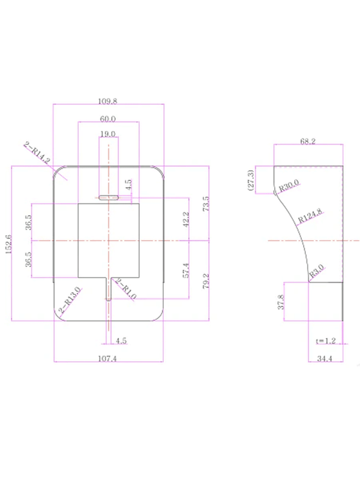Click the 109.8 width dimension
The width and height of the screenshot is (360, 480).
click(108, 101)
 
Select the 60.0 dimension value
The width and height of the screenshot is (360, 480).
click(108, 119)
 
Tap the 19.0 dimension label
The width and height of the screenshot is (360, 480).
click(108, 134)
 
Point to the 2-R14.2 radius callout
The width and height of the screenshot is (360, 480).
click(37, 153)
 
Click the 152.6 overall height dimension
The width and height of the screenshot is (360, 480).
click(8, 244)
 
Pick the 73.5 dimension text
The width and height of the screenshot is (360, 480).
click(206, 204)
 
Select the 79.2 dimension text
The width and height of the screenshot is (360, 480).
click(206, 281)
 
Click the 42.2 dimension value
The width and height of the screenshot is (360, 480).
click(186, 219)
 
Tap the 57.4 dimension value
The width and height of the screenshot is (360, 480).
click(186, 270)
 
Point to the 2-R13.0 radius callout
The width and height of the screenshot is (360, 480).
click(70, 300)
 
